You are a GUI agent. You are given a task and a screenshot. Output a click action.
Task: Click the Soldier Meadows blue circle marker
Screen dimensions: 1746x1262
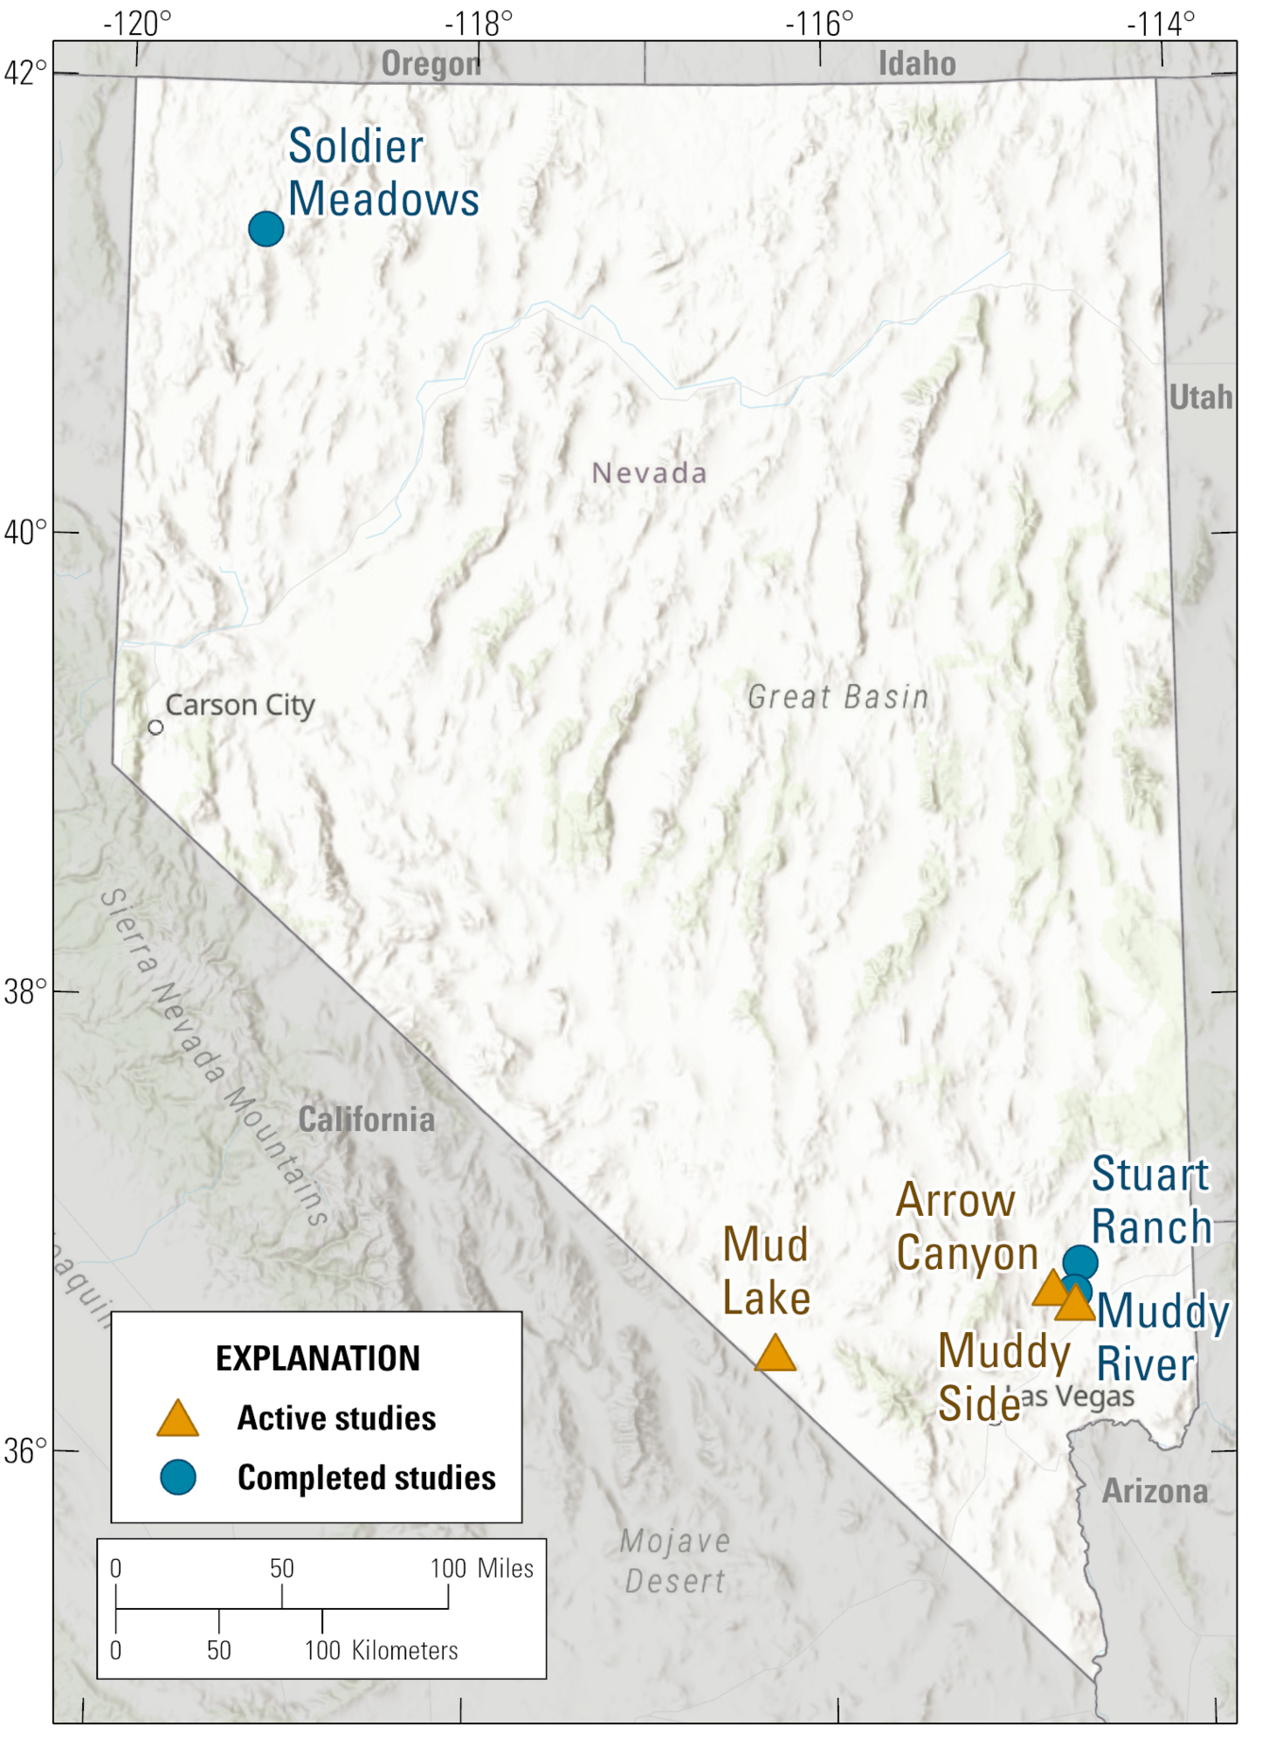266,229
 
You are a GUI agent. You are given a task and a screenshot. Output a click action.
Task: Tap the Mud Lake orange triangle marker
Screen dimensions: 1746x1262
776,1355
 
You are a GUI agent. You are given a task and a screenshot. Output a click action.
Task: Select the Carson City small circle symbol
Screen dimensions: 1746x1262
156,727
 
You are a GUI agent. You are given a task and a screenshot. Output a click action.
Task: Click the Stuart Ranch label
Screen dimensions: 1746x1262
1151,1202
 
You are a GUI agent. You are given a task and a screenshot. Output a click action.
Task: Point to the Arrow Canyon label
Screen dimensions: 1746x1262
965,1227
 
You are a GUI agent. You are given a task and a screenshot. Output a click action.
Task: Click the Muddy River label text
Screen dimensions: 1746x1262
1161,1338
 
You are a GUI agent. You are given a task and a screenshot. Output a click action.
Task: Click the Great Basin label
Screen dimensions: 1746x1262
838,697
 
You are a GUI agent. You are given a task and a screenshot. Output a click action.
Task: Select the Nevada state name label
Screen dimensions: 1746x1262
649,473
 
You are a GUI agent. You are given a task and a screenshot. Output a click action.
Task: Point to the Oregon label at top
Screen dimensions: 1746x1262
431,64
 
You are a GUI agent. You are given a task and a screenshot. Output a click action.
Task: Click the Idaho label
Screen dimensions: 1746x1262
916,63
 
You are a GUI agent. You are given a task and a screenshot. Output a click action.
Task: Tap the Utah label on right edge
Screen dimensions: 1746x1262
1200,397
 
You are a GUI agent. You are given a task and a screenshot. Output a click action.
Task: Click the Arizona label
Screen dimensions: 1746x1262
1154,1491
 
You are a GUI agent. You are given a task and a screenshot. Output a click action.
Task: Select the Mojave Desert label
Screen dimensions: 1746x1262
674,1561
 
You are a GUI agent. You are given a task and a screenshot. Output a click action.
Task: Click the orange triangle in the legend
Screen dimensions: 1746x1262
178,1419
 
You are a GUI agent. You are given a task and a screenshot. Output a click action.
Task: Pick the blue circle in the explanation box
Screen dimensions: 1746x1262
178,1477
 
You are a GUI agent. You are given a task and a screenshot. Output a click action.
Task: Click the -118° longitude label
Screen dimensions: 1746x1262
478,23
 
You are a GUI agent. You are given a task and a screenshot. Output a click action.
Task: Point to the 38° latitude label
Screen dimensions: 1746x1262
26,992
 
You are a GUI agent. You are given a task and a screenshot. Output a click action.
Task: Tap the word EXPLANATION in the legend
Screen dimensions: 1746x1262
317,1359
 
